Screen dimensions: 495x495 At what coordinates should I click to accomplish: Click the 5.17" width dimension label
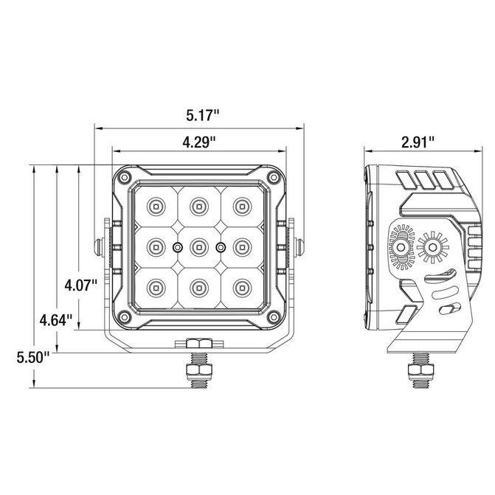coord(202,115)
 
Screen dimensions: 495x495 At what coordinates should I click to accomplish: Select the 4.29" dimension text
coord(199,142)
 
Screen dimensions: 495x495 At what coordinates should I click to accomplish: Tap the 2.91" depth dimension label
coord(418,142)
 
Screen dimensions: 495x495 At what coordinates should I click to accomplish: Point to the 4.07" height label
coord(81,285)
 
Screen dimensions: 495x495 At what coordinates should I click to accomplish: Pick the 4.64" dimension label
coord(56,320)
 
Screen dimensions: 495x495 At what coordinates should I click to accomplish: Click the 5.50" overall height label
coord(33,358)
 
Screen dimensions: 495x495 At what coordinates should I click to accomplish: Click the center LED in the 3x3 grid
coord(199,247)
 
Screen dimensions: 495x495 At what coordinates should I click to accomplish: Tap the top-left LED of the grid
coord(156,207)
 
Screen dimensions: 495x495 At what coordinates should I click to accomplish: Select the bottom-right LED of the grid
coord(242,288)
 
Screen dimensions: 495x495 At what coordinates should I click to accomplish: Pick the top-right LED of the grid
coord(242,207)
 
